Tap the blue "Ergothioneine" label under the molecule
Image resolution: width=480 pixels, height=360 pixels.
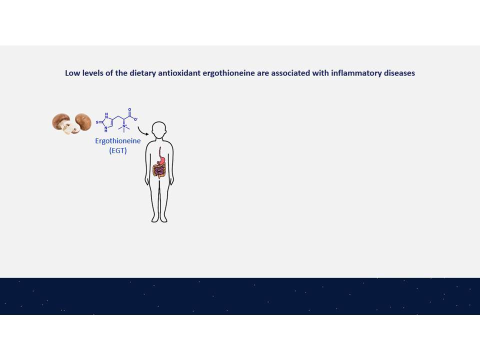click(118, 141)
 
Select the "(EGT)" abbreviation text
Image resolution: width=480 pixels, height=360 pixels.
click(118, 150)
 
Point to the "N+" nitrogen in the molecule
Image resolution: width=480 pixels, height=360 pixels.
click(124, 126)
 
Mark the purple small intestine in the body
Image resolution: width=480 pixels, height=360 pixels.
click(159, 171)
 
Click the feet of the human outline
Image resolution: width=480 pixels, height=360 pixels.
click(159, 218)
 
